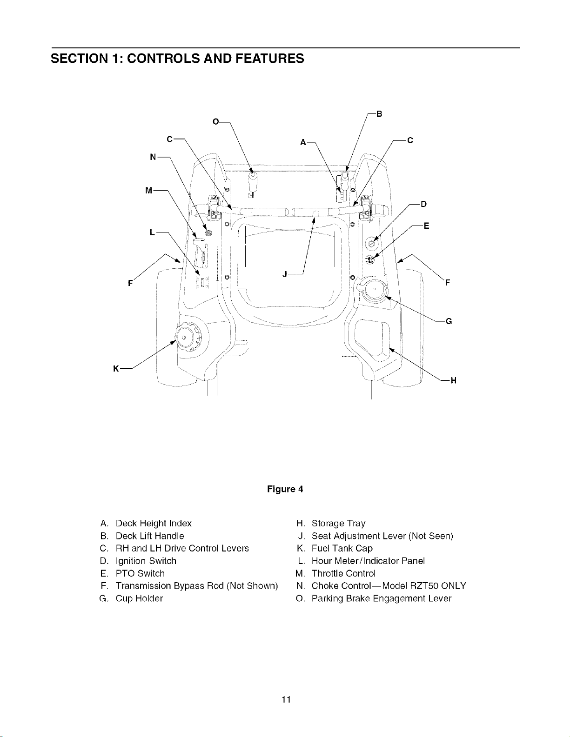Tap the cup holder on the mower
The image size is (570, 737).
[374, 289]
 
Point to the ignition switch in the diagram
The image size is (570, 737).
[371, 244]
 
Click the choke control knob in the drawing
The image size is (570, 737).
[208, 233]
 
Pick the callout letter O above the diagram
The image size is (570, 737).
[215, 121]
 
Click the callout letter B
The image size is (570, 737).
[379, 114]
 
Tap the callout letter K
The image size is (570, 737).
[116, 368]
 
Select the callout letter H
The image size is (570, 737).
[453, 380]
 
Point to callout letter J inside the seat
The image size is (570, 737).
[285, 274]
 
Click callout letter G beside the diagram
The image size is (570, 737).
[449, 321]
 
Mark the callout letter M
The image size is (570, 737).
[148, 191]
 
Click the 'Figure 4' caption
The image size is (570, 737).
[285, 489]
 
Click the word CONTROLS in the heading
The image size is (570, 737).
[163, 58]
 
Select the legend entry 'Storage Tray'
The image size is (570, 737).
[338, 523]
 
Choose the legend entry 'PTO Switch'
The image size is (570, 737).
[140, 573]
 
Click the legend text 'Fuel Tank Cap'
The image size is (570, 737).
[342, 548]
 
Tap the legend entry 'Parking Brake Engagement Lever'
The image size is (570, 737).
[382, 598]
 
